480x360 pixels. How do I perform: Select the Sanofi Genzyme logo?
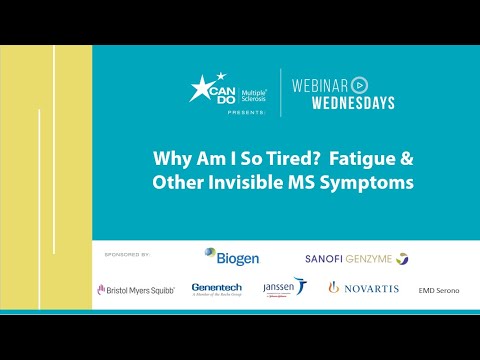356,258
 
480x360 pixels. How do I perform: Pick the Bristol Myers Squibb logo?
136,289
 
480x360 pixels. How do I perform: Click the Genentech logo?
216,288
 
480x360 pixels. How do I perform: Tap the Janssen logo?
284,288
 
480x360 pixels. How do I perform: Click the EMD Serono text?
440,289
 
